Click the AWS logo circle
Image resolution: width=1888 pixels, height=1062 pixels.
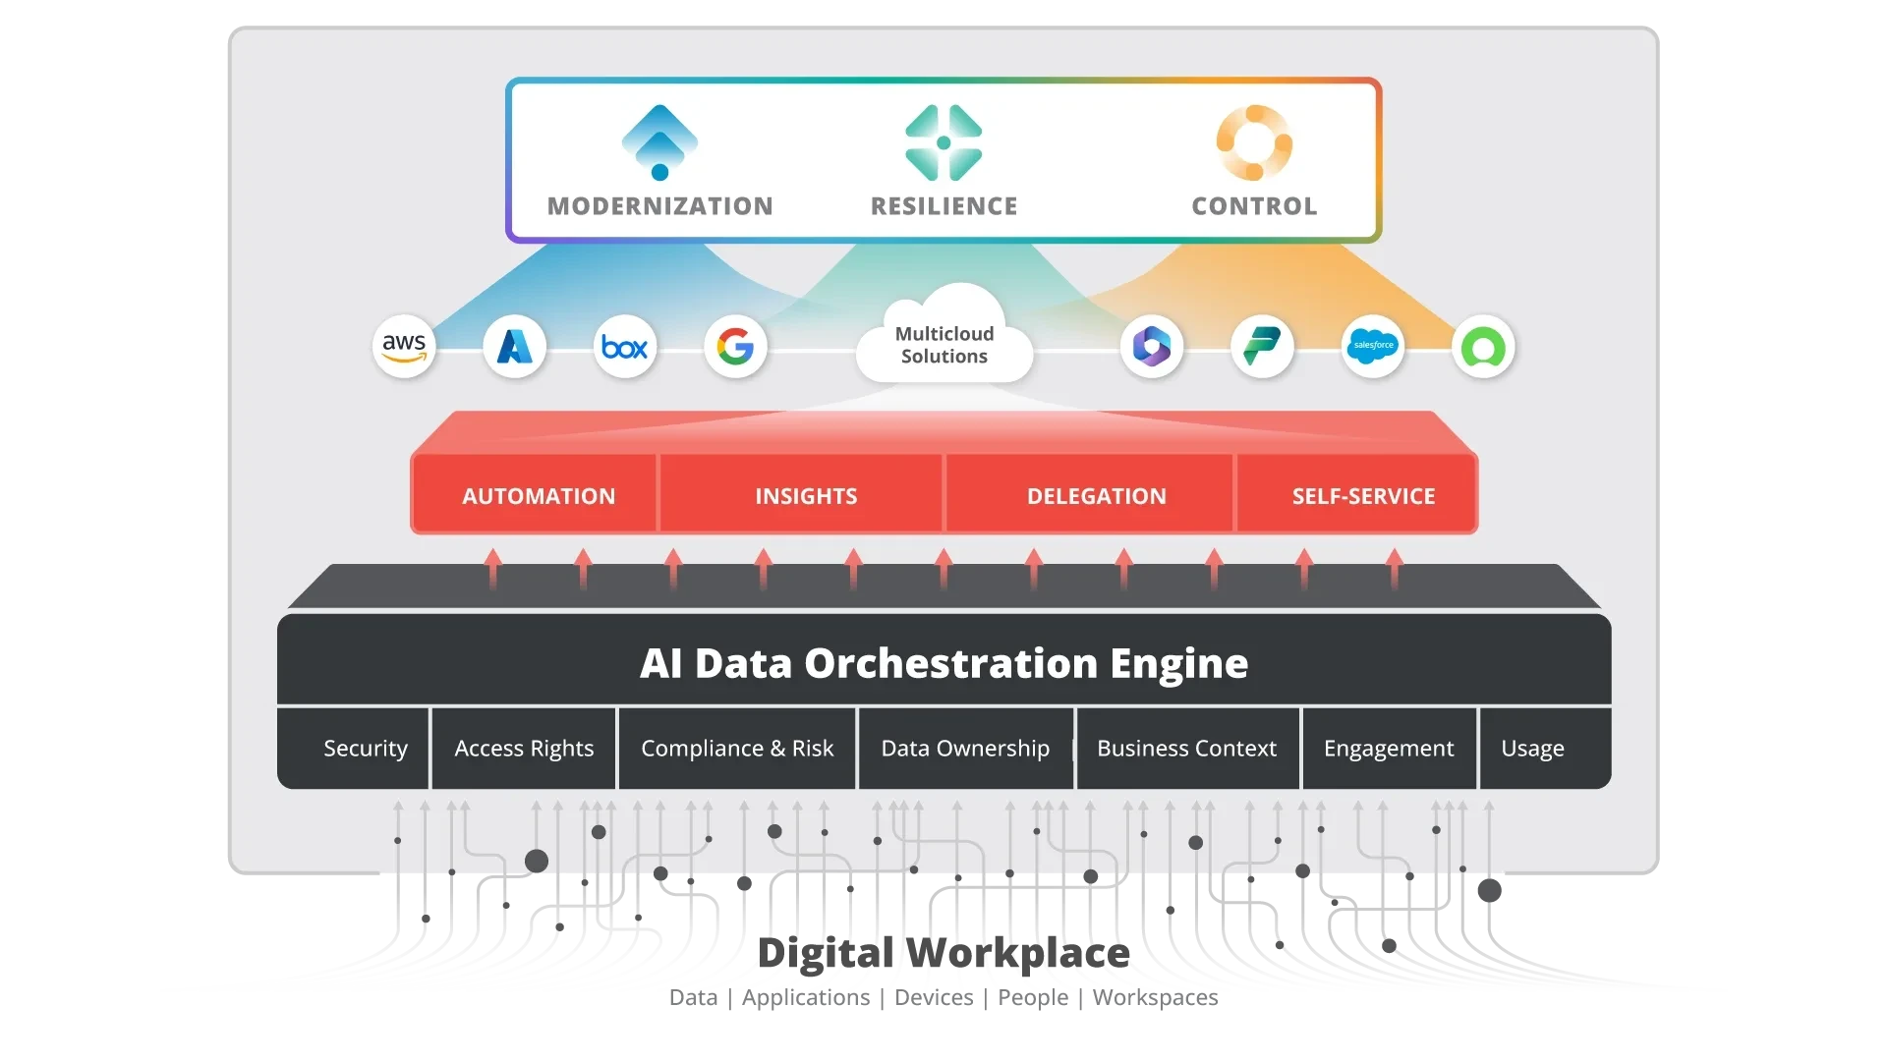(x=404, y=347)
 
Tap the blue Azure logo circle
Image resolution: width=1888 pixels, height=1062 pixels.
(x=514, y=347)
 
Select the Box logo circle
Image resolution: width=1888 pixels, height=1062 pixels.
(x=625, y=347)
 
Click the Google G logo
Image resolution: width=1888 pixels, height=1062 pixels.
(x=735, y=347)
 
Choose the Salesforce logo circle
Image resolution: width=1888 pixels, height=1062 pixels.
(x=1373, y=346)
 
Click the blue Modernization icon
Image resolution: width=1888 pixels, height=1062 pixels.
(x=660, y=142)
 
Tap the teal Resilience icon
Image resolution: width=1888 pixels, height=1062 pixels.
(x=944, y=142)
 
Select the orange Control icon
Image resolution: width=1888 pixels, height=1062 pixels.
(x=1254, y=142)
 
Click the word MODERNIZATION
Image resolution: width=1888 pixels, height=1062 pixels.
(x=660, y=206)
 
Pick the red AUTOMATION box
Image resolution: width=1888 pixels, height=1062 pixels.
(x=539, y=496)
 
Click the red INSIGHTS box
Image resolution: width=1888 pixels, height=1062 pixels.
(x=806, y=496)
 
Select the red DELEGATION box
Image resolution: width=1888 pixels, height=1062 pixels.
(x=1097, y=496)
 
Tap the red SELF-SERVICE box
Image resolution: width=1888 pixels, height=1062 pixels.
(x=1363, y=496)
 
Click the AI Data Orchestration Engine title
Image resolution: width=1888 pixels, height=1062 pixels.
(x=944, y=663)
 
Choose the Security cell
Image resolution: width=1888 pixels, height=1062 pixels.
(x=366, y=749)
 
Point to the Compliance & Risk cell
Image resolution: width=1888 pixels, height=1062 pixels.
(x=737, y=749)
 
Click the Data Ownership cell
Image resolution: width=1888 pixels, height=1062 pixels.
(x=965, y=749)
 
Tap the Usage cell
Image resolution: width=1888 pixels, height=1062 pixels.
(x=1532, y=749)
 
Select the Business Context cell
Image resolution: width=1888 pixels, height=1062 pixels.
(x=1186, y=749)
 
